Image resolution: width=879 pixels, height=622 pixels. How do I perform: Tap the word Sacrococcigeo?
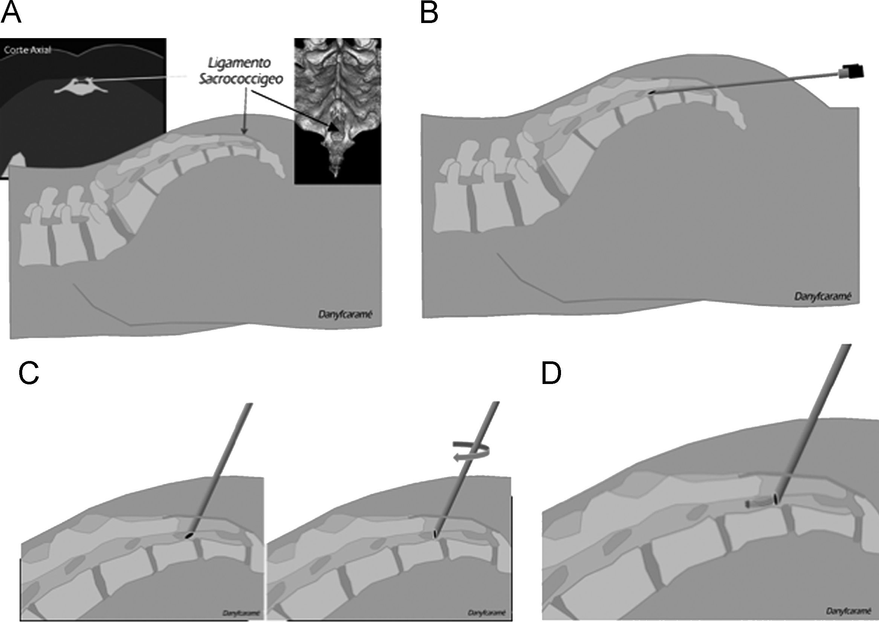240,79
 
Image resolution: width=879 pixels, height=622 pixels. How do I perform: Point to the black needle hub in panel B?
855,72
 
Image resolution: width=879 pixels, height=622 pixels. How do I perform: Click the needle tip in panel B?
651,92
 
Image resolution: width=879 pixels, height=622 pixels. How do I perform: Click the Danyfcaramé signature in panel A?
345,315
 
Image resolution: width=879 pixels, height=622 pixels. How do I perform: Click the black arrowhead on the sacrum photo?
334,128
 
